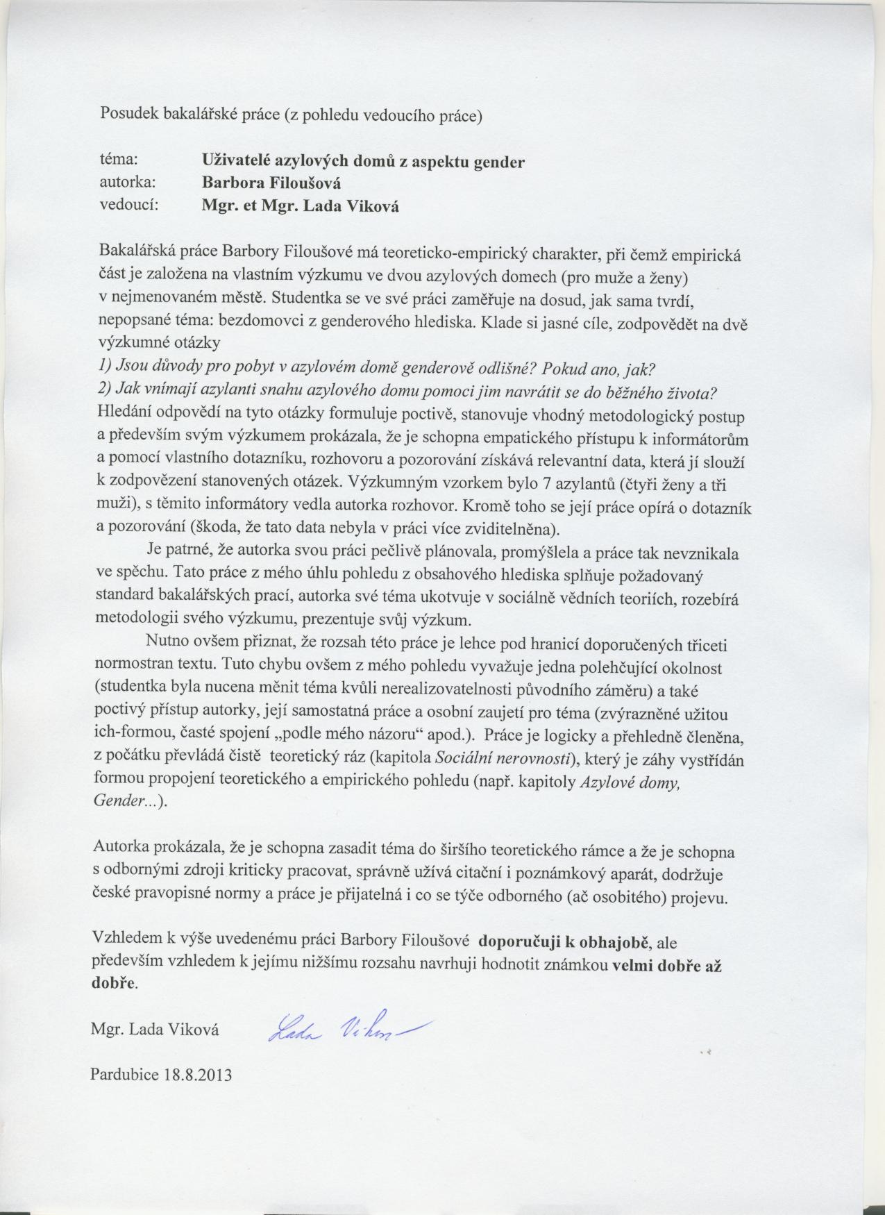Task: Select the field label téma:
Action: [119, 160]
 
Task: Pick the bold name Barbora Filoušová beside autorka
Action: [271, 183]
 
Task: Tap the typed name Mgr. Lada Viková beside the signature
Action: [155, 1030]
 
